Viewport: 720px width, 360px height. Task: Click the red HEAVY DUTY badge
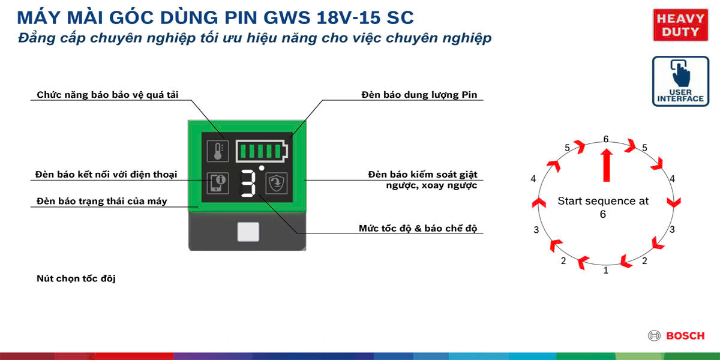tap(680, 25)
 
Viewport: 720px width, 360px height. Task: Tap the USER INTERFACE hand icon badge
tap(680, 82)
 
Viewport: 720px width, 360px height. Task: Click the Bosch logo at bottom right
tap(676, 335)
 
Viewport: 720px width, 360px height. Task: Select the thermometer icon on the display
tap(218, 151)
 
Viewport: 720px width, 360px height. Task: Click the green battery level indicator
tap(262, 151)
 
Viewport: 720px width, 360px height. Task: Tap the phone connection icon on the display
tap(218, 183)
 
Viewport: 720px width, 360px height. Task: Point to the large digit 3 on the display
tap(248, 183)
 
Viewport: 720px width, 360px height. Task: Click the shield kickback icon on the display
tap(277, 183)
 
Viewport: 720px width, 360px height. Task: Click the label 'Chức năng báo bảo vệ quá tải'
tap(107, 95)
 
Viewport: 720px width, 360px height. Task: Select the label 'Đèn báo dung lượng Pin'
tap(419, 95)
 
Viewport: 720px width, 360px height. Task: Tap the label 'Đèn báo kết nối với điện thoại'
tap(106, 175)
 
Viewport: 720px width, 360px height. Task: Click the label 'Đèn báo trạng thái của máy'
tap(101, 201)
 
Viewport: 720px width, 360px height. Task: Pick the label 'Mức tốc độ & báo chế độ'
tap(418, 228)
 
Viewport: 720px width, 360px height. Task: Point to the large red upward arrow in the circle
tap(607, 165)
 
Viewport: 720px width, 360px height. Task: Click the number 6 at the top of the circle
tap(606, 139)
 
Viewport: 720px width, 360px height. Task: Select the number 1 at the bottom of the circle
tap(606, 271)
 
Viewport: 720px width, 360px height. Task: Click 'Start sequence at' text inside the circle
tap(603, 201)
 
